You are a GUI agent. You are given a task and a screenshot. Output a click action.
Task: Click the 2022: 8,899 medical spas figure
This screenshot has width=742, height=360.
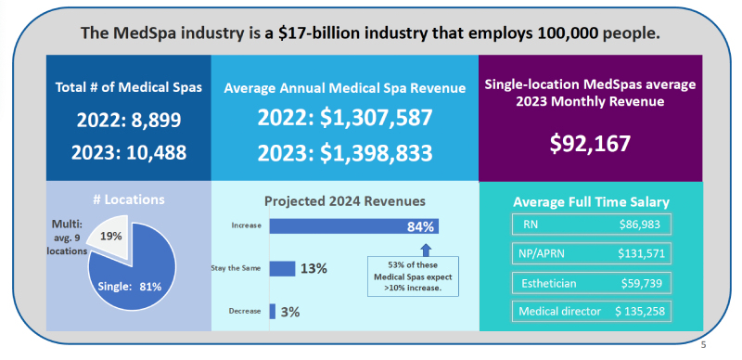(129, 121)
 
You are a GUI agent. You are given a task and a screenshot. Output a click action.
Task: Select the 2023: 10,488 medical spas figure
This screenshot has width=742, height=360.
(129, 152)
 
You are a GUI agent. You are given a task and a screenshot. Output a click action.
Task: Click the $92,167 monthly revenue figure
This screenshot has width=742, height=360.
(590, 144)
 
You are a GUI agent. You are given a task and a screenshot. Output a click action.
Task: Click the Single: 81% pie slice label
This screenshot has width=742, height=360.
(131, 287)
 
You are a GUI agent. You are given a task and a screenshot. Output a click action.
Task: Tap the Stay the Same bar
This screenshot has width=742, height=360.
(282, 268)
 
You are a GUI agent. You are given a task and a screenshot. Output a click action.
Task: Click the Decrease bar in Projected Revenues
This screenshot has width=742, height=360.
(273, 312)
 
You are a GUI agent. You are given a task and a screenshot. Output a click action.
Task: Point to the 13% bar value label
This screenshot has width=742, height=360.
(313, 269)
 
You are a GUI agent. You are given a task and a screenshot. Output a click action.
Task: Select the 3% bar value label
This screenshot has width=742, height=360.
(289, 313)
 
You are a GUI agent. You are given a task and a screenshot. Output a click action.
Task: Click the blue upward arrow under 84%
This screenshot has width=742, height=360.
(426, 249)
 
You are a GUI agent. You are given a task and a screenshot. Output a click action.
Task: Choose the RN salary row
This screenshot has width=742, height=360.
(591, 225)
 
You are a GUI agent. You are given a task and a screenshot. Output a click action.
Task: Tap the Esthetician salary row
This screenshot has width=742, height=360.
(591, 282)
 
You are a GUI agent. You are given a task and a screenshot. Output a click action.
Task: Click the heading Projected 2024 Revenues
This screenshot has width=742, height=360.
(344, 199)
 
